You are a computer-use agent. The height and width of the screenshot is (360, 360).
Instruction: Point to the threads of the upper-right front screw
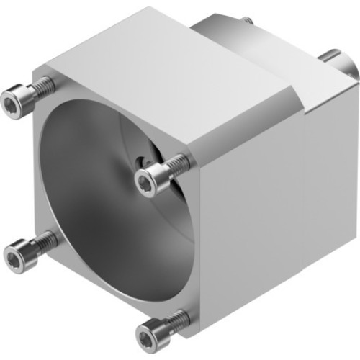click(179, 165)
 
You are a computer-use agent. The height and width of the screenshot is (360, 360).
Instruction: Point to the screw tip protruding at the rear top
click(246, 21)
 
